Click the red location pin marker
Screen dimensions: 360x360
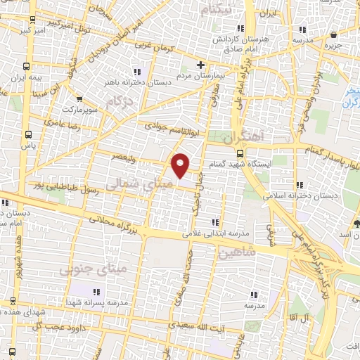tap(181, 165)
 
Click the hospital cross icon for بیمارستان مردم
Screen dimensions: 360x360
tap(201, 65)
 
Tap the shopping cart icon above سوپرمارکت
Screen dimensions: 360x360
tap(77, 99)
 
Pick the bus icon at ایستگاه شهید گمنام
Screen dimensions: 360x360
tap(240, 153)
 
